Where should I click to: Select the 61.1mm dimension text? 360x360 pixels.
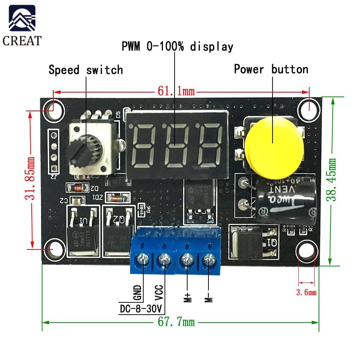point(176,91)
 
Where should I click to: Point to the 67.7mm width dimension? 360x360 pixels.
point(176,321)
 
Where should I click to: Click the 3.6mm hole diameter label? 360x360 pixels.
point(306,292)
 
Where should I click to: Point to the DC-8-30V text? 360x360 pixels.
point(141,309)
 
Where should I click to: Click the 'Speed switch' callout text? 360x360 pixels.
point(86,69)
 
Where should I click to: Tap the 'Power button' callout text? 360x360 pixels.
point(271,69)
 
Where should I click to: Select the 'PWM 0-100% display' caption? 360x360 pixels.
point(177,46)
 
